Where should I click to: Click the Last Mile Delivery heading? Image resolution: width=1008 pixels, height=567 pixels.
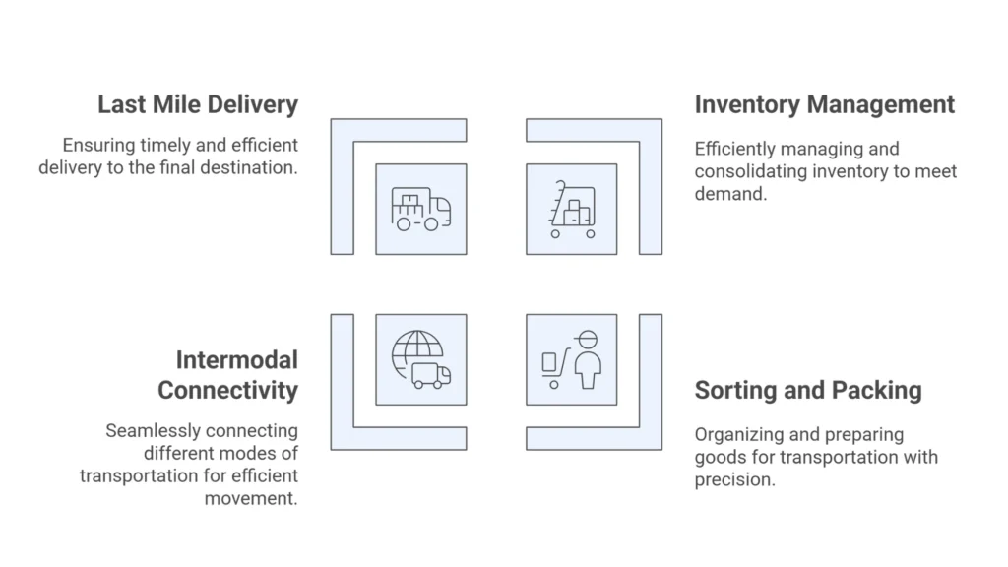(197, 104)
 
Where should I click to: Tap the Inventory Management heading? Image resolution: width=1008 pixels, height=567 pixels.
(825, 104)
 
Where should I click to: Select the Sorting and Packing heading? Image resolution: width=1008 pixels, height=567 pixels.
(808, 390)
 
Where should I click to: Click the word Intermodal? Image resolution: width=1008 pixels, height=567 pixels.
(236, 359)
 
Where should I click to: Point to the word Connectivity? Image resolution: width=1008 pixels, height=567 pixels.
(227, 390)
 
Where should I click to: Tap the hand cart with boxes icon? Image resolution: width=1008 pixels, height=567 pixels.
(572, 210)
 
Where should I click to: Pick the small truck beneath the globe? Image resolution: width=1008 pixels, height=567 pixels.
(431, 375)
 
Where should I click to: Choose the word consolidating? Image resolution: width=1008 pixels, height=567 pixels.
(749, 172)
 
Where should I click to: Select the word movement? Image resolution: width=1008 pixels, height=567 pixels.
(251, 498)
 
